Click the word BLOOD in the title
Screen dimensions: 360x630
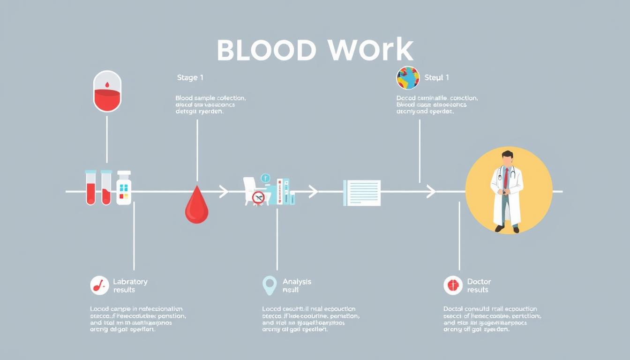click(x=266, y=50)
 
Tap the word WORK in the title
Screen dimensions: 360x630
click(x=370, y=50)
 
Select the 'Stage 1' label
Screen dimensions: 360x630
click(x=190, y=77)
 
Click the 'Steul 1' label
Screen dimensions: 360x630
click(x=436, y=77)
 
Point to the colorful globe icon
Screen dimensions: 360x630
click(x=408, y=78)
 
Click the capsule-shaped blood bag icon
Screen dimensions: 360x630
click(x=107, y=91)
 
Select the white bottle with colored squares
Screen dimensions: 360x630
click(x=124, y=188)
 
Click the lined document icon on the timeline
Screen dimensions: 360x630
click(x=362, y=193)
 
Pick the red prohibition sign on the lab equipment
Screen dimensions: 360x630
click(x=258, y=197)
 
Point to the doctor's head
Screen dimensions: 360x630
click(x=507, y=158)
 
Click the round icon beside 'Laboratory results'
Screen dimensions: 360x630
click(x=99, y=285)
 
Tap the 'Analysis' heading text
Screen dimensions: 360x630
click(x=297, y=282)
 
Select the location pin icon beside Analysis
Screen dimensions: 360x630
click(x=269, y=285)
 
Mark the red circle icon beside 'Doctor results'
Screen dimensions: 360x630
click(x=452, y=285)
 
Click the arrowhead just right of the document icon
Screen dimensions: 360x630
click(x=431, y=191)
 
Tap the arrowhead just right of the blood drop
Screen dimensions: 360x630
click(x=224, y=191)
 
